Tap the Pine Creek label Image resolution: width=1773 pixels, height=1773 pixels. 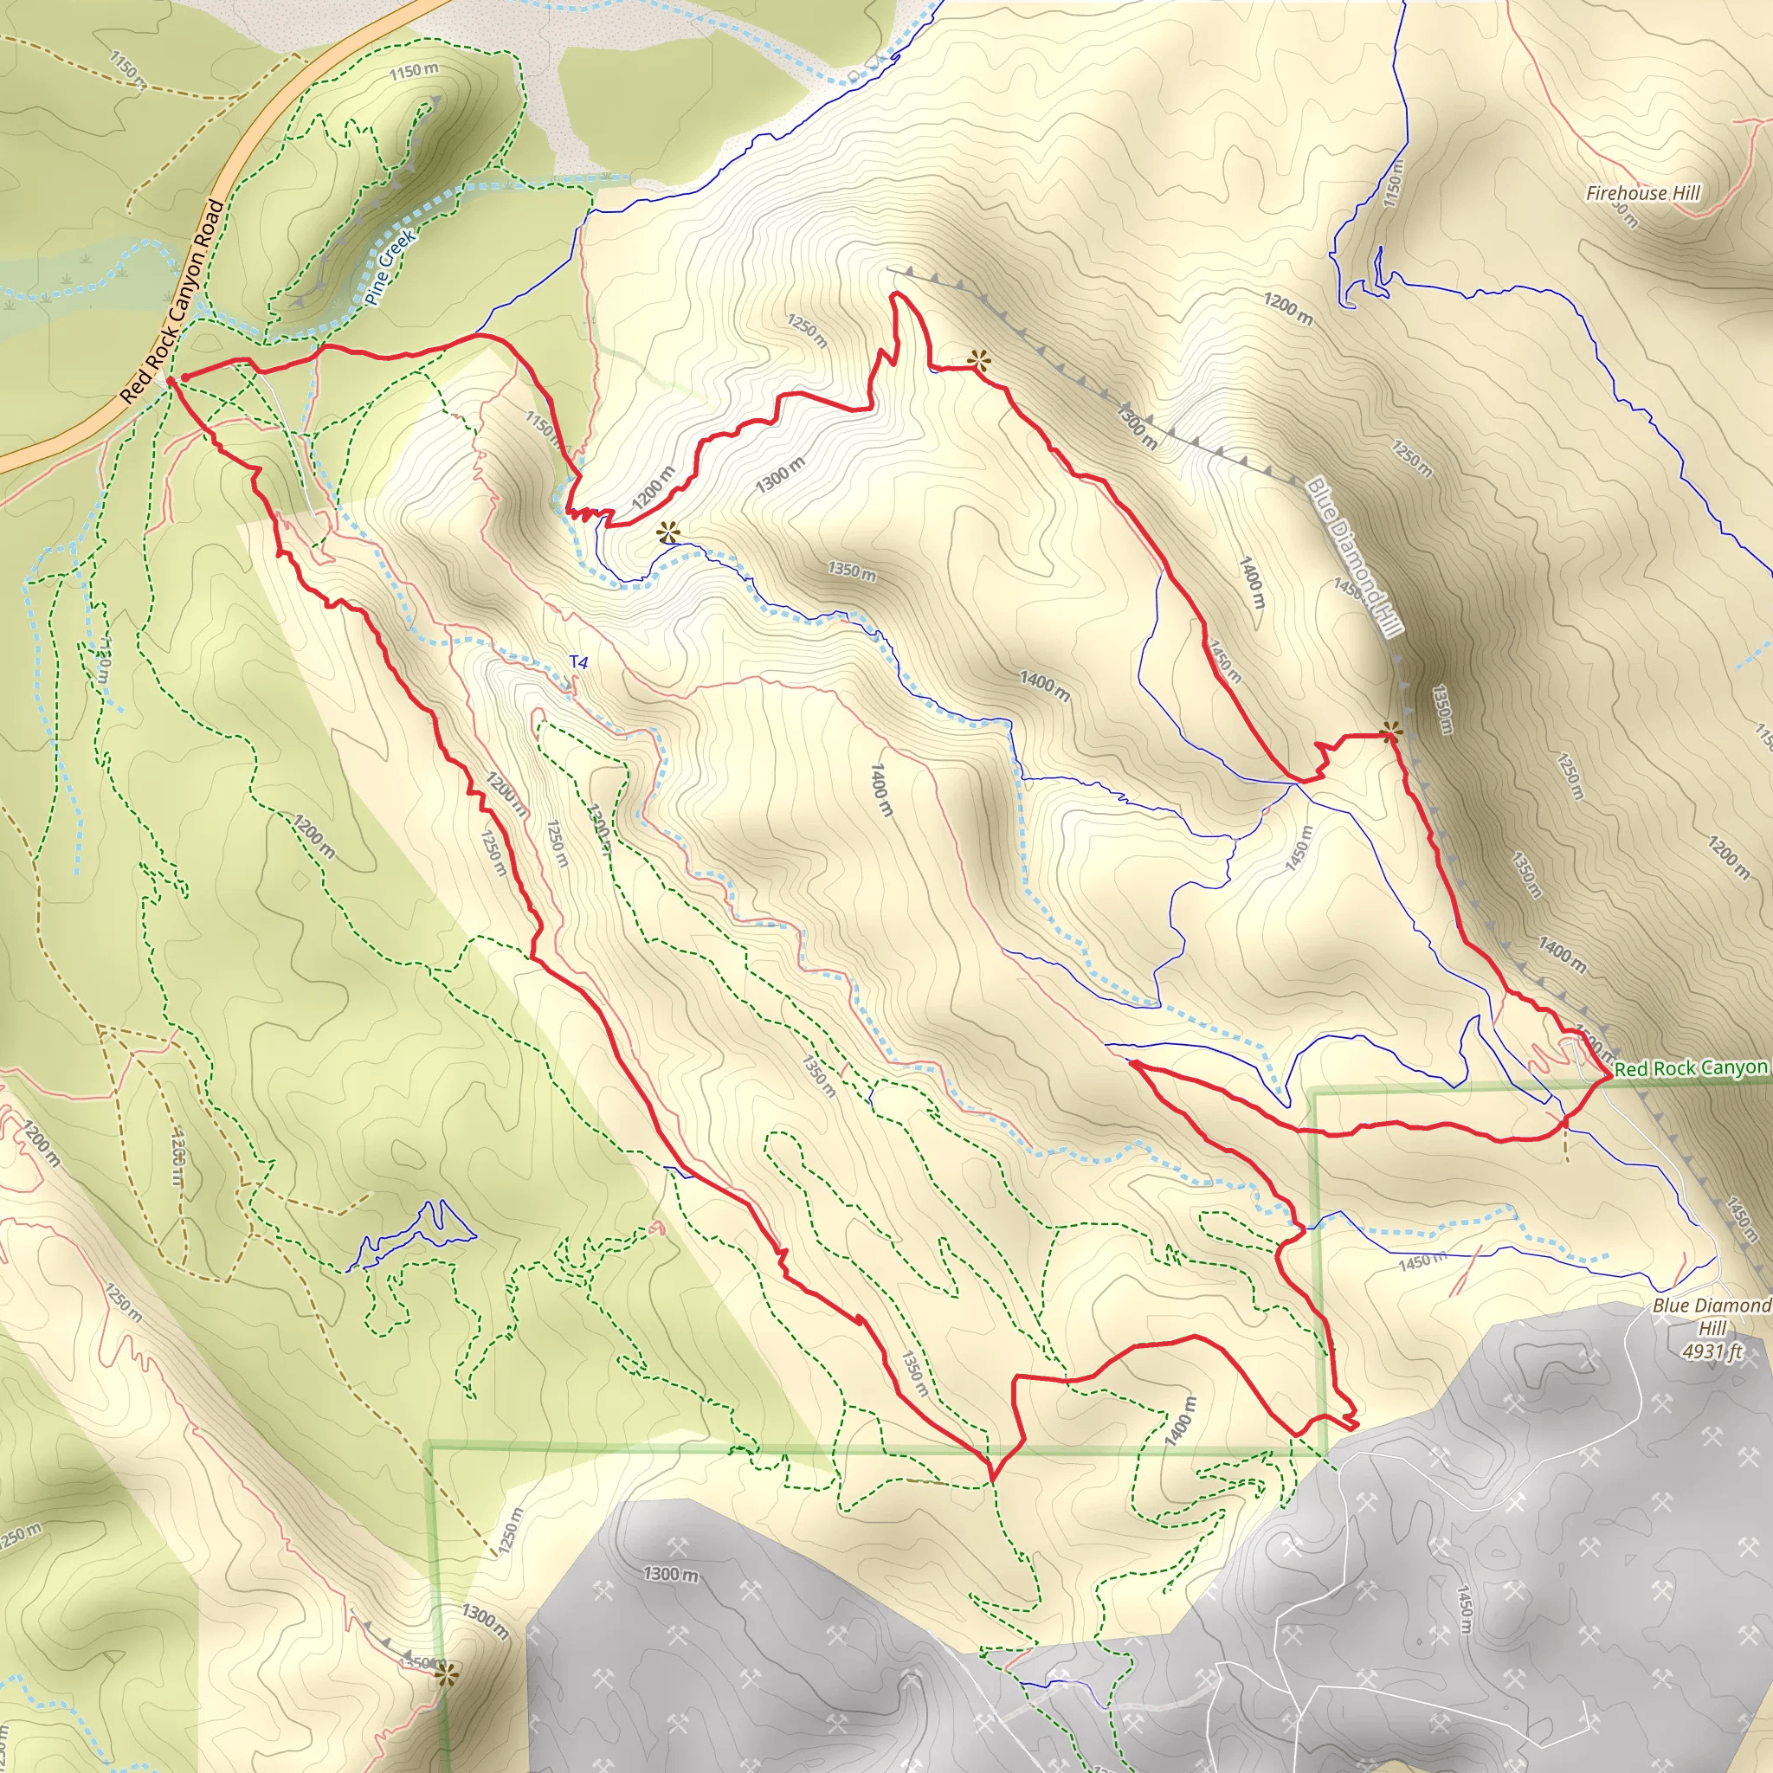(390, 266)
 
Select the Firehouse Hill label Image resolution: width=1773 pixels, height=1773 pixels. (1642, 193)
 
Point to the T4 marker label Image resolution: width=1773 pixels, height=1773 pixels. (578, 661)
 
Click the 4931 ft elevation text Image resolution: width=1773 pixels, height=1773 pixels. (1712, 1351)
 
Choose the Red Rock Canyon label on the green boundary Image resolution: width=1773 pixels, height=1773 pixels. (1691, 1068)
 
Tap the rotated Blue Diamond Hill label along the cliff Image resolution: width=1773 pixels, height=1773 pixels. (1355, 556)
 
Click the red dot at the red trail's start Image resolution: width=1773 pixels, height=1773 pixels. (185, 377)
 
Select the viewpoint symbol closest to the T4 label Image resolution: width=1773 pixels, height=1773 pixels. (669, 532)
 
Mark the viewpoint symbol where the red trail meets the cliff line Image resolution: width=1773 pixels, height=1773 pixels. (1391, 732)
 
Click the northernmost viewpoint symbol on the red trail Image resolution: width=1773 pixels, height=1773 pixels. (979, 361)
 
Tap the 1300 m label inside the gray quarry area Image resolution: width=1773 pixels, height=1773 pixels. (671, 1575)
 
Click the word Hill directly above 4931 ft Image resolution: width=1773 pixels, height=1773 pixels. (1712, 1328)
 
